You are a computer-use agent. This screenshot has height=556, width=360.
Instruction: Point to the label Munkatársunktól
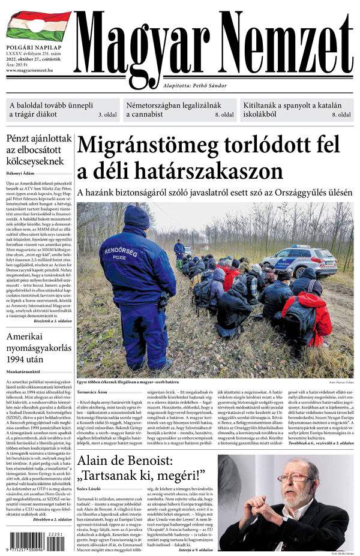click(x=25, y=372)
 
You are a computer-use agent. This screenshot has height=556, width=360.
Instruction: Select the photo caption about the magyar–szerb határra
click(x=130, y=381)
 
